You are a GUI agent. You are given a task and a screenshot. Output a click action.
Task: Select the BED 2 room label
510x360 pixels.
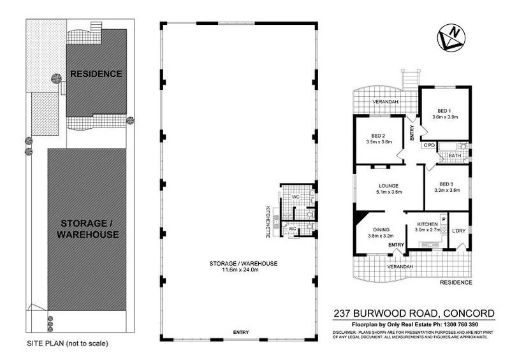(379, 135)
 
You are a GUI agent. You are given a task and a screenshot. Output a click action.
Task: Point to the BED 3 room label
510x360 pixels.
(446, 183)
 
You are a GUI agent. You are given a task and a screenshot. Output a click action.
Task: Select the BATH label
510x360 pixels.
(455, 155)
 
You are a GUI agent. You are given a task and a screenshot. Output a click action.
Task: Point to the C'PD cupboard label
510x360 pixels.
(429, 146)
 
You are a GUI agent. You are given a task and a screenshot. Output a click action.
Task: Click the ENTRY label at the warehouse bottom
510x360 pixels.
(240, 333)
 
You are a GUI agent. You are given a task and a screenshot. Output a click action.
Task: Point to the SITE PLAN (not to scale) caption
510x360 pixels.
(68, 343)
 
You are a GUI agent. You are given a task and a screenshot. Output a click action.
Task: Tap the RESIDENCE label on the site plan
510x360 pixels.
(96, 74)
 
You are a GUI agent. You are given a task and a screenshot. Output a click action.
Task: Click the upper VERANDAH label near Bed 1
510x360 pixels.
(386, 102)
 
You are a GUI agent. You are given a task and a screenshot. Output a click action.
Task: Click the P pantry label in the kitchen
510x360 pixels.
(442, 219)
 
